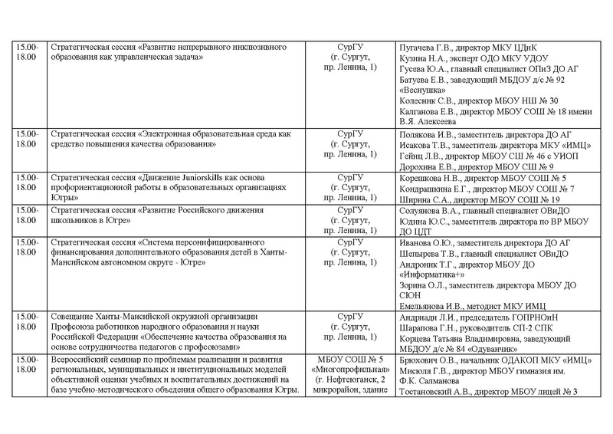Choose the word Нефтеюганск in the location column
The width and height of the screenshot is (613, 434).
[353, 382]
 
